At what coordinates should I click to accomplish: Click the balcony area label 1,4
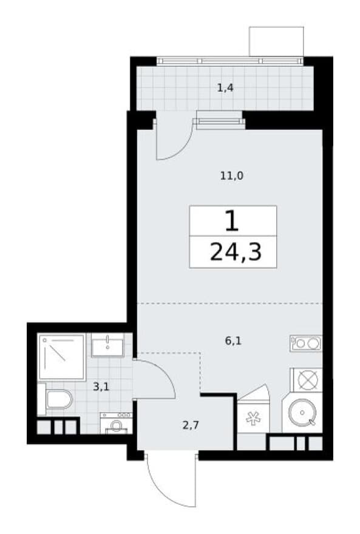[x=225, y=88]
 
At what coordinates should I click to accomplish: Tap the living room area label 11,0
[x=231, y=176]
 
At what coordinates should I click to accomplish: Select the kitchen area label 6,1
[x=233, y=340]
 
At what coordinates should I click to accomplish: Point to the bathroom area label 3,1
[x=101, y=387]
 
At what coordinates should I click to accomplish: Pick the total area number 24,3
[x=236, y=252]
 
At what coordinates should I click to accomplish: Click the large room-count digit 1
[x=232, y=221]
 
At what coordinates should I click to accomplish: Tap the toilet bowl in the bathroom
[x=58, y=399]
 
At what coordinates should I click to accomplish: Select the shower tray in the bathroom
[x=62, y=357]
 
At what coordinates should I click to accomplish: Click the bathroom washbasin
[x=107, y=344]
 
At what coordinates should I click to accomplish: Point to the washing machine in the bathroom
[x=116, y=423]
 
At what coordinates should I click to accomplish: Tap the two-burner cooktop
[x=306, y=343]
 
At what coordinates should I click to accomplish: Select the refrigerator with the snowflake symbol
[x=253, y=418]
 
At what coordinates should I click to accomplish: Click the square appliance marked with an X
[x=306, y=380]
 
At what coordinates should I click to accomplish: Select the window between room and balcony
[x=219, y=122]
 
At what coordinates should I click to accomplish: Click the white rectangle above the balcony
[x=276, y=41]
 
